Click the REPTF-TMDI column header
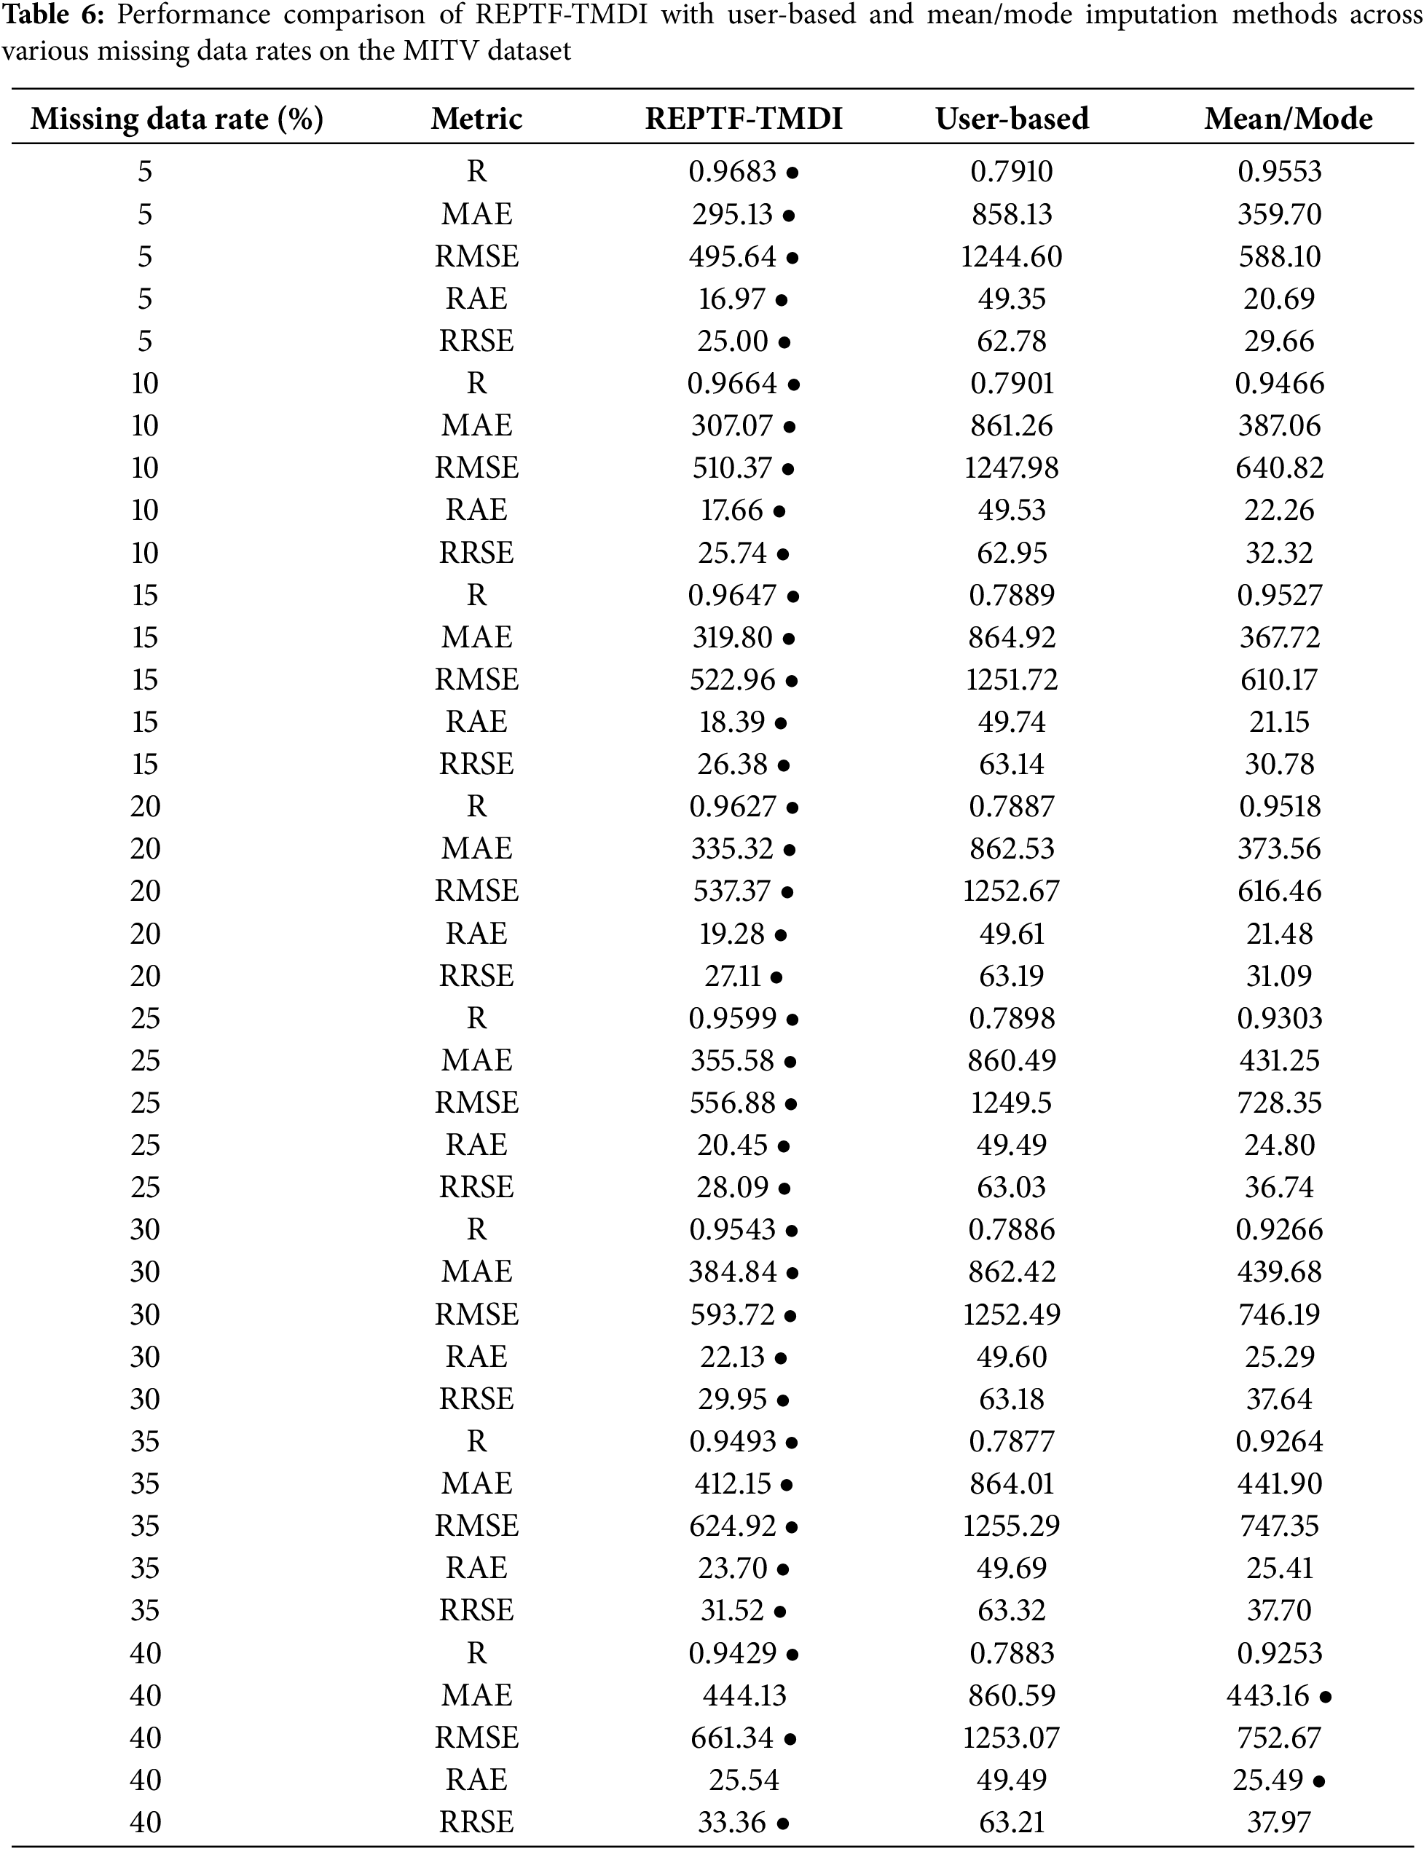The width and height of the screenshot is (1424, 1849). [744, 119]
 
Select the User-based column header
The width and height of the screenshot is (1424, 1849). [1012, 119]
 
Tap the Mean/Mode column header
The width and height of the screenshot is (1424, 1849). [1288, 119]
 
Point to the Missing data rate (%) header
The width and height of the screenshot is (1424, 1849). [177, 119]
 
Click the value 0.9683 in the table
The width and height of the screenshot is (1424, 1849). [732, 172]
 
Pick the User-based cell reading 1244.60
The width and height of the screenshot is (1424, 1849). [1012, 256]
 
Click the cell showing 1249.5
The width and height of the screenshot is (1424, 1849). [1012, 1103]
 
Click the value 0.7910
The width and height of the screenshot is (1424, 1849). [1012, 172]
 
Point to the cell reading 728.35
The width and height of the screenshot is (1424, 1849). [1279, 1103]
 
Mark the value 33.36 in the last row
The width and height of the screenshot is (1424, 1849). [732, 1822]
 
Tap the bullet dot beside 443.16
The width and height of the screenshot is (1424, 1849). [1325, 1696]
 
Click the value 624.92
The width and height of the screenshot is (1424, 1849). [732, 1526]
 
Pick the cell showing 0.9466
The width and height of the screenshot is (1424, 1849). [1279, 384]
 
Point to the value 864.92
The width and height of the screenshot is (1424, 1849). [1012, 636]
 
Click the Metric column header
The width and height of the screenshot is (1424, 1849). [476, 119]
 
